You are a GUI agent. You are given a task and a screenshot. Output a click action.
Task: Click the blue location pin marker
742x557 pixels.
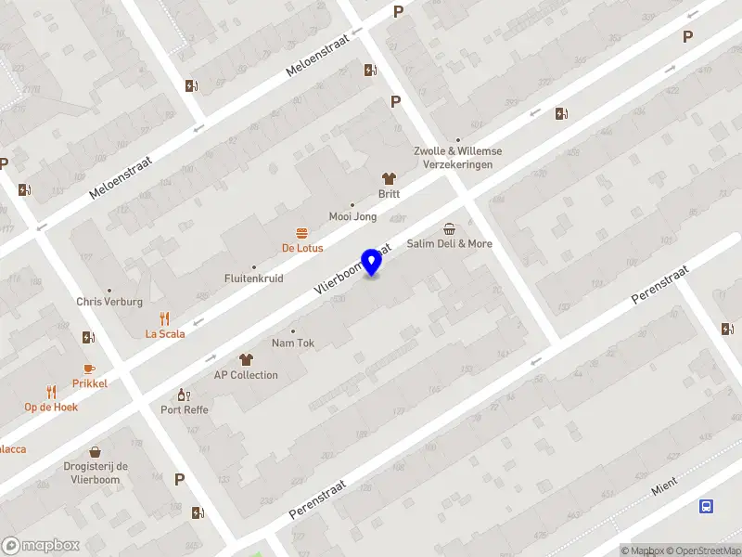tap(372, 262)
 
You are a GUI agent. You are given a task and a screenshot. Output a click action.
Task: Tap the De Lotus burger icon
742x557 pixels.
tap(301, 232)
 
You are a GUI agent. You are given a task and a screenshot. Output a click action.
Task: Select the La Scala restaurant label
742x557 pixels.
tap(165, 333)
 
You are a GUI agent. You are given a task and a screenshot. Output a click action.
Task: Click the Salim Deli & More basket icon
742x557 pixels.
tap(450, 228)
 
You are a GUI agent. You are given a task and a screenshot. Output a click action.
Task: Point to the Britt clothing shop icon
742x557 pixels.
tap(389, 178)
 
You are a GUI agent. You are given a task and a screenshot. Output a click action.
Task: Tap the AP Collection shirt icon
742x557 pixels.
tap(246, 359)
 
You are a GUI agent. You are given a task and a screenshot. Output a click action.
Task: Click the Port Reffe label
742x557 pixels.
tap(185, 409)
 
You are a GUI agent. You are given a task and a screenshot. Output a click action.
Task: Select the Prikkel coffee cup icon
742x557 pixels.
tap(90, 369)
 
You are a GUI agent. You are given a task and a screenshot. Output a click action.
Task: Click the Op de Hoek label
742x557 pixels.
tap(51, 407)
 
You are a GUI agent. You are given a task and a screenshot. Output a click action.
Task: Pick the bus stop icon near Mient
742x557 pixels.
tap(707, 506)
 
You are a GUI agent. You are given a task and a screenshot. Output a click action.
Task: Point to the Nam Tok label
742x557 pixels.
tap(293, 343)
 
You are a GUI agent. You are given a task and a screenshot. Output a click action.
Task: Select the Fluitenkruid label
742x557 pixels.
tap(254, 278)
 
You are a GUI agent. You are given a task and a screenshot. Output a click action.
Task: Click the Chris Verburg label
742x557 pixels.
tap(109, 302)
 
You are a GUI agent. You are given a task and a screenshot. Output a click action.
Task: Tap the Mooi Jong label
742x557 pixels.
tap(353, 216)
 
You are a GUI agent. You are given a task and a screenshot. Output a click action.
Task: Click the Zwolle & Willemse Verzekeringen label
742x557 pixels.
tap(458, 158)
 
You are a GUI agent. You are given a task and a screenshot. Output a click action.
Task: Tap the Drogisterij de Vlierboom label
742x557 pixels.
tap(96, 473)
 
